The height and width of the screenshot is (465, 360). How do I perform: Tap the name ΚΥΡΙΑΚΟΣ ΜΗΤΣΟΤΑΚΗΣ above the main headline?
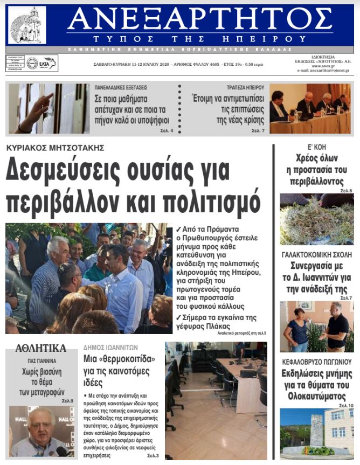[x=55, y=148]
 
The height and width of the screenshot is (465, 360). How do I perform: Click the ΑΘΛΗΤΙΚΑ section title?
[x=41, y=348]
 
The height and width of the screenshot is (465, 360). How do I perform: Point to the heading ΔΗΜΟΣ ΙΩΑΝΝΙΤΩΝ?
[x=111, y=348]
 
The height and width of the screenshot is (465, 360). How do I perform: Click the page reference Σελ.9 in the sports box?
[x=67, y=401]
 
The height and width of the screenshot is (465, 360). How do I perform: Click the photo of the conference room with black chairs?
[x=216, y=400]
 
